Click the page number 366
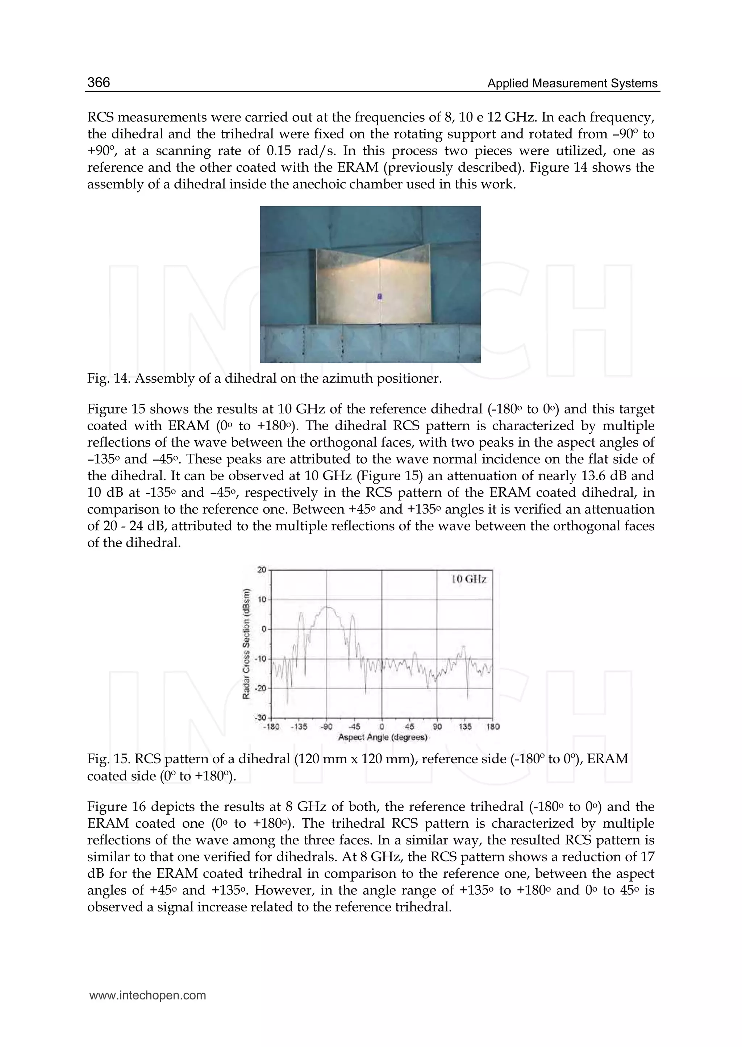99,82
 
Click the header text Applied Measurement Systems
572,83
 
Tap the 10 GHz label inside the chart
469,579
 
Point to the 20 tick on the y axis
261,570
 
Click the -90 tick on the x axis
326,727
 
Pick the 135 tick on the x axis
465,727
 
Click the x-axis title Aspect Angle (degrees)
383,737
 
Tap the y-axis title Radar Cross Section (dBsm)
246,644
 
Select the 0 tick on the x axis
382,727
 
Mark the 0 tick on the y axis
264,629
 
